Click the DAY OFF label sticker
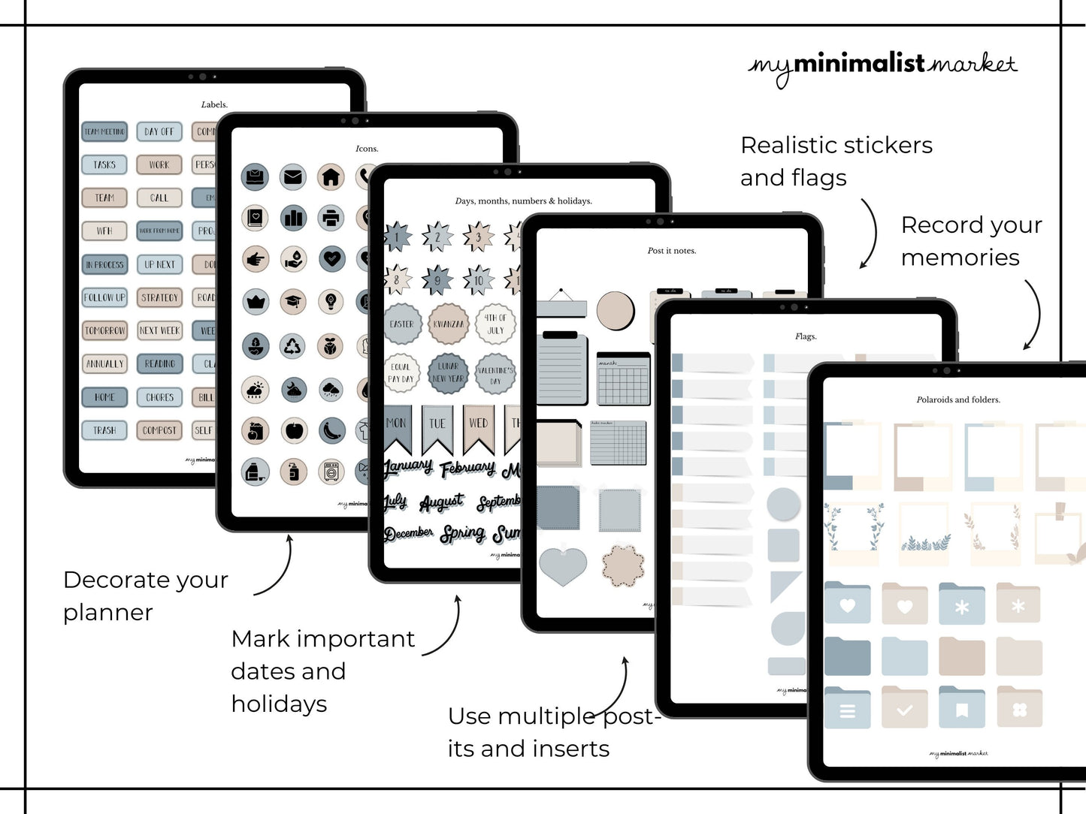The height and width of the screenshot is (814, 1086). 159,131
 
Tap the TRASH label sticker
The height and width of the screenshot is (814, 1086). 104,430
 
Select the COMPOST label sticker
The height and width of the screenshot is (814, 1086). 159,430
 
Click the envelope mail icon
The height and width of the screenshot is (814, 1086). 293,177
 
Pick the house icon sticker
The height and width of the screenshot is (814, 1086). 331,177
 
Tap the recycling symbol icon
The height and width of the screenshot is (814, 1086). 293,346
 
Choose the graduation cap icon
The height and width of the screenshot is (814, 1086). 293,302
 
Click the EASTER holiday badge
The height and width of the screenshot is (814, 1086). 402,324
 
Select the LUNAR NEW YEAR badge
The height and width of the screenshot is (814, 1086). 448,372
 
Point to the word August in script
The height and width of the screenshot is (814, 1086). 441,502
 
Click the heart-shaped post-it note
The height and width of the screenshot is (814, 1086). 563,565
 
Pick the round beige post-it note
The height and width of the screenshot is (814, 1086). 616,310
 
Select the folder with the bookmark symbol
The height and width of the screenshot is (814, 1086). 961,709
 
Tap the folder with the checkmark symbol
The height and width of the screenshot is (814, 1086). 905,709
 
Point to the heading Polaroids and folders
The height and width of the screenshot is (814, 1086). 958,399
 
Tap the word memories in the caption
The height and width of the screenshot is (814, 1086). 960,258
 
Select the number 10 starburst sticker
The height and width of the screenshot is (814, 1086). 479,281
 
